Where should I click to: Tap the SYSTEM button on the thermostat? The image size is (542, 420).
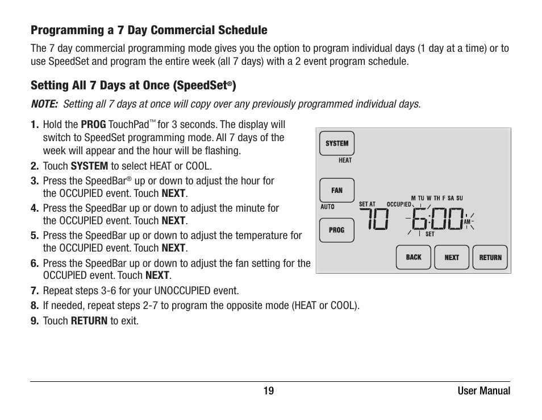pos(337,143)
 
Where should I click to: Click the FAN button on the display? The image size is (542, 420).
pos(337,191)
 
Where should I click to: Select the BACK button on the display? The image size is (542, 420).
pos(414,257)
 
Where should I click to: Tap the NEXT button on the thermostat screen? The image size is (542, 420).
pos(452,257)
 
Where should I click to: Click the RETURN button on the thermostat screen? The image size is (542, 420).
pos(490,257)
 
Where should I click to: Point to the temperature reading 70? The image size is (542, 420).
pos(374,219)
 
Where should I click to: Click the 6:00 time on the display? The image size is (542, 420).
pos(437,219)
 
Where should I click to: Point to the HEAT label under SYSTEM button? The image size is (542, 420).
pos(345,160)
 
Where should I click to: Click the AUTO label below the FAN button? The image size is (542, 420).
pos(328,207)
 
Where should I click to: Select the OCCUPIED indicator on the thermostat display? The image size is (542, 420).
pos(399,204)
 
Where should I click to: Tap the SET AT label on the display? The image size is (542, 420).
pos(367,204)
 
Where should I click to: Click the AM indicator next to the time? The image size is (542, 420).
pos(467,221)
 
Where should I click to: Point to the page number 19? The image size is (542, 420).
pos(268,391)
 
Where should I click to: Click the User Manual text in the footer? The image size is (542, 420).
pos(484,391)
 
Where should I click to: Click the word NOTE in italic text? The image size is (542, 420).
pos(44,104)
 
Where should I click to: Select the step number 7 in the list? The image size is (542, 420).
pos(34,291)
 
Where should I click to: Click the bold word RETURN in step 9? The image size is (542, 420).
pos(89,321)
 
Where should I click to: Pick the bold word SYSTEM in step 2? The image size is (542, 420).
pos(89,166)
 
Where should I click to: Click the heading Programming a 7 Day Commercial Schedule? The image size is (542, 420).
pos(149,30)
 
